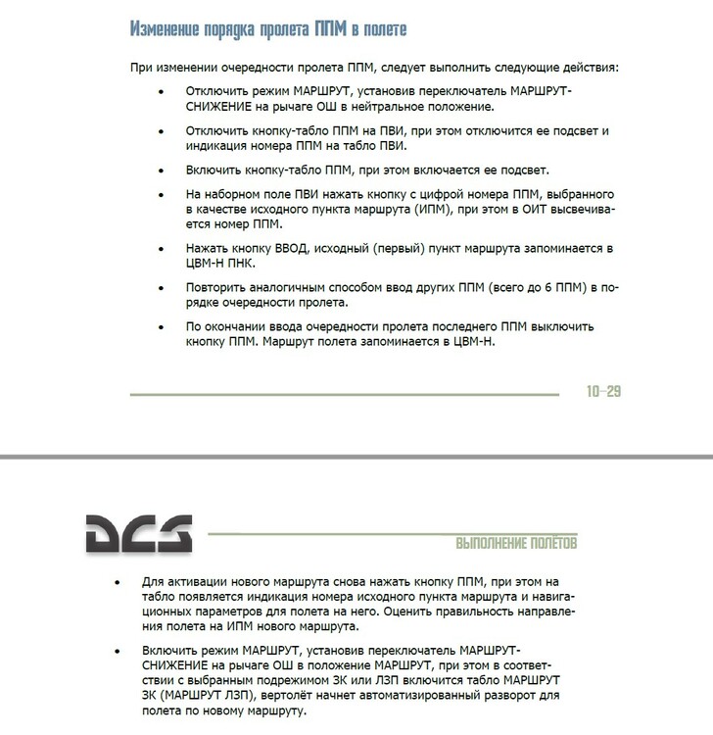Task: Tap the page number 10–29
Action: [604, 391]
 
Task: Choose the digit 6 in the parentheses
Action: [531, 287]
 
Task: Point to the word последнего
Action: [482, 325]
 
